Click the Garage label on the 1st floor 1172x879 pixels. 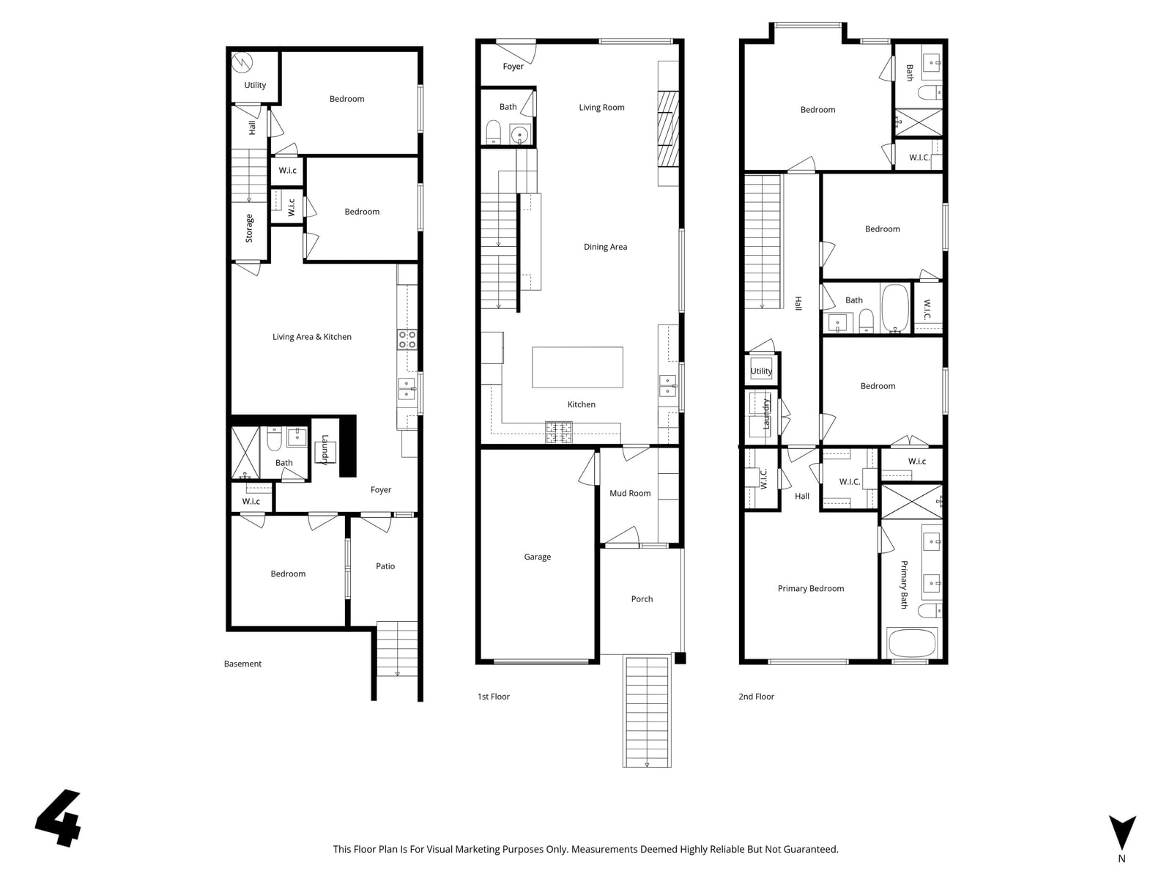[x=537, y=557]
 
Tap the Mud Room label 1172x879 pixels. [x=630, y=493]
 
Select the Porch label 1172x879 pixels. [x=642, y=598]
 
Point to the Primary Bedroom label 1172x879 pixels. [x=811, y=588]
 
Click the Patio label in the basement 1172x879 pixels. [x=385, y=565]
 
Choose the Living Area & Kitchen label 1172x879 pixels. [x=312, y=337]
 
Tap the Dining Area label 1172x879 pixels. [x=605, y=247]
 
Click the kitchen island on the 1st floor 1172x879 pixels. [x=577, y=367]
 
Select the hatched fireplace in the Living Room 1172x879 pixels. [x=668, y=129]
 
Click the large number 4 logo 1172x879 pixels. [x=59, y=818]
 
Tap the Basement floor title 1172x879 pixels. [x=242, y=664]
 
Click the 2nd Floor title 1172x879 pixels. [x=756, y=697]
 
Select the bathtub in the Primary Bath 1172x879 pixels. [x=911, y=643]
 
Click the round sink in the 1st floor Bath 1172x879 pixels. [x=519, y=135]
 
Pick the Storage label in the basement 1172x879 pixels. [x=249, y=229]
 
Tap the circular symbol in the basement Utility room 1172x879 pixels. [x=242, y=62]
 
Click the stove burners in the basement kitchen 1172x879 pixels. [x=407, y=339]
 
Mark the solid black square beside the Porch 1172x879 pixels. [x=680, y=658]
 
